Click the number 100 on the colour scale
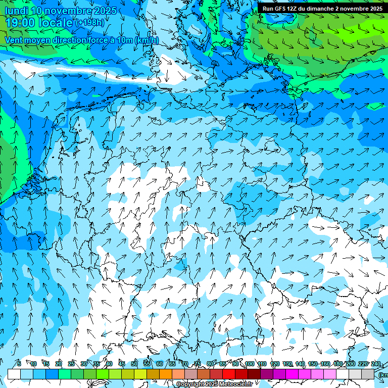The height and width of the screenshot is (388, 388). pos(250,364)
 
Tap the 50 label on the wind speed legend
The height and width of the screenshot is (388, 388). pos(134,364)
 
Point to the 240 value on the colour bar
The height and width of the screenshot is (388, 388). pos(376,364)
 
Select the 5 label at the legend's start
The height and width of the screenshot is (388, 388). pos(19,364)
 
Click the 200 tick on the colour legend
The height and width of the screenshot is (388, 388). pos(350,364)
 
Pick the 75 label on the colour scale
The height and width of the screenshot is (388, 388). pos(197,364)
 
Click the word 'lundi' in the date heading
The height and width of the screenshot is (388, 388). pos(16,11)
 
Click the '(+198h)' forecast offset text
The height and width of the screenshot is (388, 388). pos(90,23)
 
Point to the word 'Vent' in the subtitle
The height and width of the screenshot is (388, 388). pos(15,40)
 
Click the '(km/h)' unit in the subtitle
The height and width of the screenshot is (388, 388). pos(147,40)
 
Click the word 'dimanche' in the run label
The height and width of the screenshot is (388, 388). pos(319,9)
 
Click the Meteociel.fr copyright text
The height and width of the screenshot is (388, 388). pos(214,384)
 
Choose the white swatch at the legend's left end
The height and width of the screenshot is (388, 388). pos(14,374)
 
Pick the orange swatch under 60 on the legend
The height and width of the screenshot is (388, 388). pos(166,374)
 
